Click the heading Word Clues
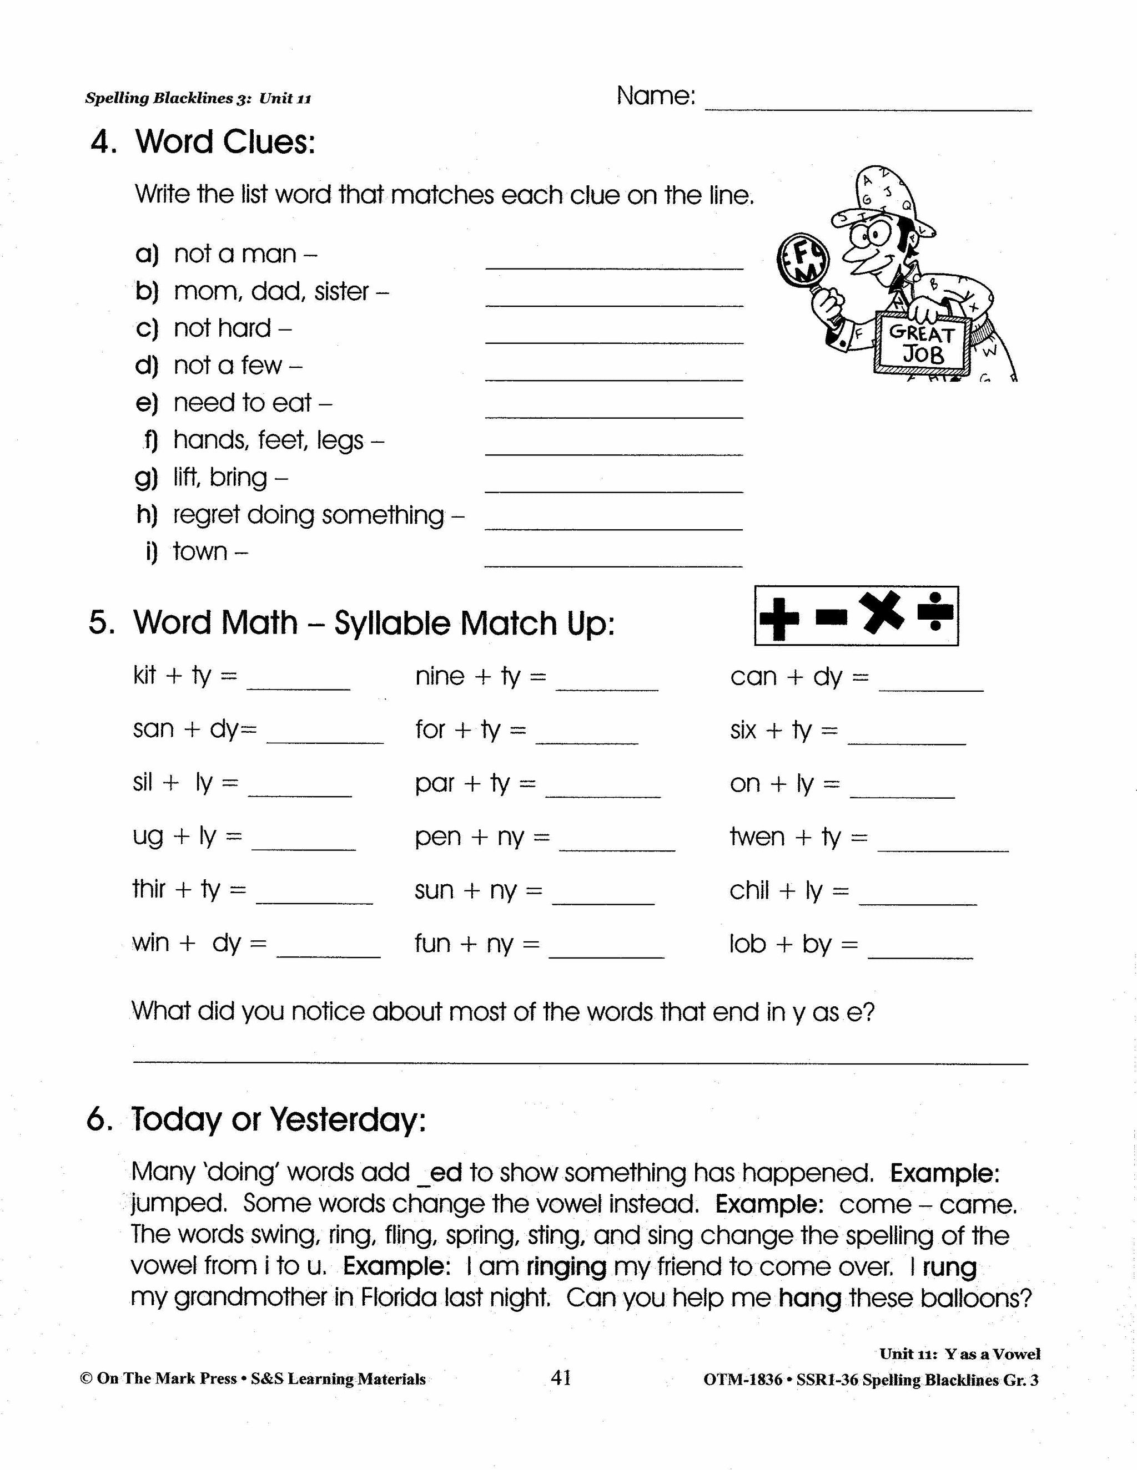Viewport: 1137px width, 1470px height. click(225, 142)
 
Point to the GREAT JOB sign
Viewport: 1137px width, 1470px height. click(922, 343)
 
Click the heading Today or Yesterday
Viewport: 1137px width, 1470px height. click(278, 1119)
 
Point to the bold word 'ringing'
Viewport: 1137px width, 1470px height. click(566, 1267)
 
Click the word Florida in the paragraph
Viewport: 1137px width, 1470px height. click(399, 1297)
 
